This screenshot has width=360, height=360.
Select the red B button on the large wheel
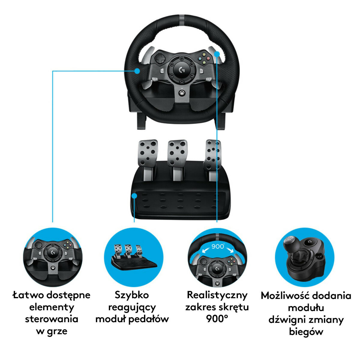pyautogui.click(x=208, y=58)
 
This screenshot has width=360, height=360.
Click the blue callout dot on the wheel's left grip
pyautogui.click(x=137, y=71)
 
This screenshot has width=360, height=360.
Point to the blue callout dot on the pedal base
pyautogui.click(x=134, y=196)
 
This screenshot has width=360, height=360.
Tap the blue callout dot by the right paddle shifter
pyautogui.click(x=217, y=54)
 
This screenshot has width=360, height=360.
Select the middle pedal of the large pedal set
pyautogui.click(x=177, y=154)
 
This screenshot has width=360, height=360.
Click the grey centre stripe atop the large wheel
pyautogui.click(x=182, y=19)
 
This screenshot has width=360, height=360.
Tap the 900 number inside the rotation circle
pyautogui.click(x=217, y=247)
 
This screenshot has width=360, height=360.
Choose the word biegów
pyautogui.click(x=306, y=332)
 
